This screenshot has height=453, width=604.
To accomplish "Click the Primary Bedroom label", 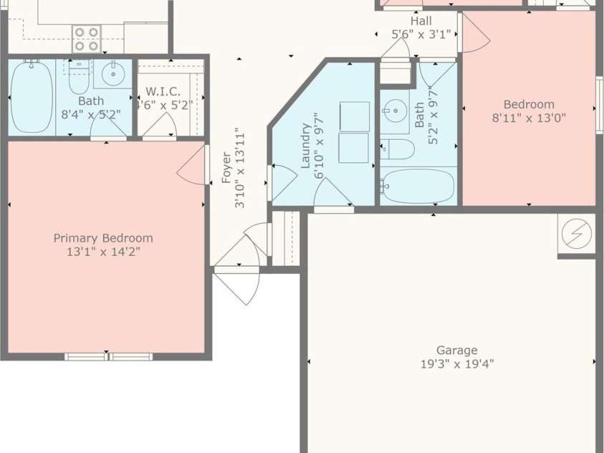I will point(103,238).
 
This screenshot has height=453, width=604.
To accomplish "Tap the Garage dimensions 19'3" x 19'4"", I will point(457,364).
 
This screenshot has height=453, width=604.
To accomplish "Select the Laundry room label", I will point(306,146).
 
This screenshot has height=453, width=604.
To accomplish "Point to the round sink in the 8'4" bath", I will point(112,74).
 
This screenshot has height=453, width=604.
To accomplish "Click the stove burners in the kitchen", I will point(87,39).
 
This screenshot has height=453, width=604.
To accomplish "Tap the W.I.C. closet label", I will point(163,92).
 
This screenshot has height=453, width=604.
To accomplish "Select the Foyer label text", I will point(226,168).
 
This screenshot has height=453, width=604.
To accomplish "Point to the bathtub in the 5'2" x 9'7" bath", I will point(418,186).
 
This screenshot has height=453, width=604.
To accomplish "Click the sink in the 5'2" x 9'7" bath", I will point(392,111).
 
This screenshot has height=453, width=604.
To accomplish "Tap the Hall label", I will point(421,21).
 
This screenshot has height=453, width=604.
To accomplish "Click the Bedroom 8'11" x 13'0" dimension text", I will point(529,118).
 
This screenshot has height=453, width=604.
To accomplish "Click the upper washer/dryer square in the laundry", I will point(354,116).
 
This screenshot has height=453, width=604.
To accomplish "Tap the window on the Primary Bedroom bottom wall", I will point(108,356).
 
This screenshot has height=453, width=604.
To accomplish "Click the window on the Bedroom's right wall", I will point(599,105).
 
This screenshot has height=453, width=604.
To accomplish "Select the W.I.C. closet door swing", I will point(160,126).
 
